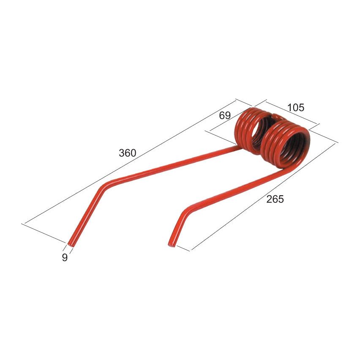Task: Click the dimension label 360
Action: [127, 153]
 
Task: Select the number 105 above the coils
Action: [295, 108]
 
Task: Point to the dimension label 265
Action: [275, 199]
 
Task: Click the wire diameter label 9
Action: [65, 258]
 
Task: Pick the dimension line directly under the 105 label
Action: [292, 113]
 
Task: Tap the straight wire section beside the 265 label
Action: [237, 186]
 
